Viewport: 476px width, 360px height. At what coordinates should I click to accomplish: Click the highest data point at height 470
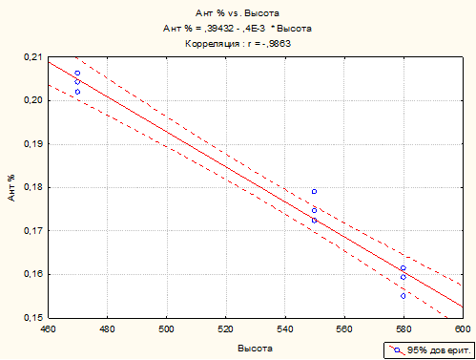click(x=77, y=73)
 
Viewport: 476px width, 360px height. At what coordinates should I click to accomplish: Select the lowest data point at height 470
click(x=77, y=92)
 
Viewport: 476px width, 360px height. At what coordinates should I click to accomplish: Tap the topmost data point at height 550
click(x=314, y=192)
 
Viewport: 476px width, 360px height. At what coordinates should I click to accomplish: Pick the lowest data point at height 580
click(x=404, y=296)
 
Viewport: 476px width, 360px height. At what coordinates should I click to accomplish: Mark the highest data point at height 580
click(x=404, y=268)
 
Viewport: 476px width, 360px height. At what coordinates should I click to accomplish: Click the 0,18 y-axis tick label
click(x=32, y=187)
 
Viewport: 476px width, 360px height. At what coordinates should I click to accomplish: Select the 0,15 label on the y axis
click(x=32, y=317)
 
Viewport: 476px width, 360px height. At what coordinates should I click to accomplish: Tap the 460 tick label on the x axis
click(x=48, y=329)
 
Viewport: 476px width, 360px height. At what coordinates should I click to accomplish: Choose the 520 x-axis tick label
click(x=226, y=329)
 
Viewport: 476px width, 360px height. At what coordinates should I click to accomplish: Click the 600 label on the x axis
click(x=463, y=329)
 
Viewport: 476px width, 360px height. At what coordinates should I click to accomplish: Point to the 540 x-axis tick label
click(x=285, y=329)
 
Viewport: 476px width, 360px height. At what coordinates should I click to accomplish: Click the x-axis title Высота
click(x=255, y=349)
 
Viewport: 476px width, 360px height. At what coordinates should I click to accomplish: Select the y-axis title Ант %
click(x=11, y=188)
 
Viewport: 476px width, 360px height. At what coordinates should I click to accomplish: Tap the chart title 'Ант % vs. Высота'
click(x=238, y=13)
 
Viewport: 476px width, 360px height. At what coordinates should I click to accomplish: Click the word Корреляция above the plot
click(x=212, y=44)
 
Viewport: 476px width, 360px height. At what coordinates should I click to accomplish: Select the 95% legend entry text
click(x=439, y=350)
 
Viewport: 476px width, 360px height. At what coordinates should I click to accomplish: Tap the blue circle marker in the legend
click(x=397, y=350)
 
